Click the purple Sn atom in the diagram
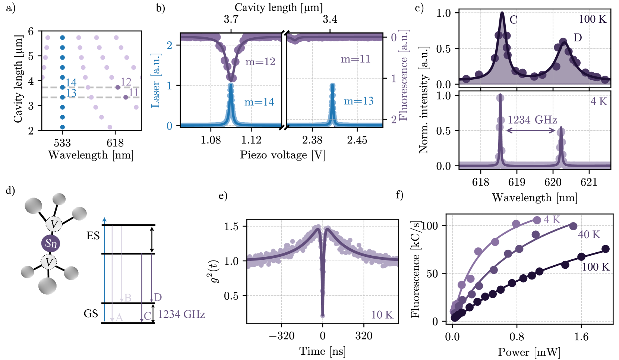click(x=51, y=244)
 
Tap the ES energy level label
click(x=93, y=236)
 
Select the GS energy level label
click(x=91, y=313)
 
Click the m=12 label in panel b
click(x=260, y=62)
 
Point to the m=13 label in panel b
click(x=358, y=101)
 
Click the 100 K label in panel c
click(x=592, y=19)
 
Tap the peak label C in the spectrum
click(x=514, y=20)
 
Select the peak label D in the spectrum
click(x=578, y=38)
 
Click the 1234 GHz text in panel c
click(x=532, y=120)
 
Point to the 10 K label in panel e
click(x=382, y=315)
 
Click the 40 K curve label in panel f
click(x=589, y=235)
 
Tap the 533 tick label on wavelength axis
click(x=62, y=143)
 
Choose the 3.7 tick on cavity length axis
click(x=231, y=19)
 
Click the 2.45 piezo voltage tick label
click(x=357, y=140)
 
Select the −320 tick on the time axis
click(x=282, y=336)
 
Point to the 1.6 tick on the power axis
click(x=581, y=337)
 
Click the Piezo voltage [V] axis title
click(x=282, y=155)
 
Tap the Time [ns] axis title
click(x=322, y=351)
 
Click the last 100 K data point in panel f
click(x=605, y=249)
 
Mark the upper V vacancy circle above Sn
click(x=54, y=224)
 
